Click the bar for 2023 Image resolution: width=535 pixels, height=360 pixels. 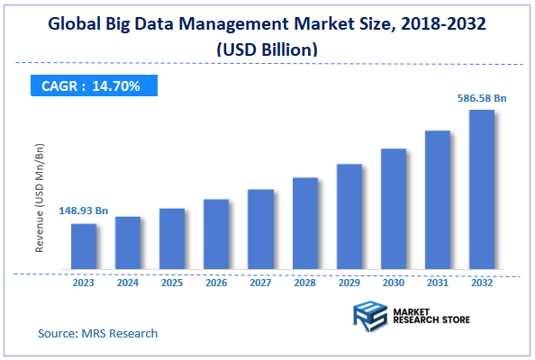click(84, 247)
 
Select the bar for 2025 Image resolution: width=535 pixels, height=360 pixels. click(172, 238)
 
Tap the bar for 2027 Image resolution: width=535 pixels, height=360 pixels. click(260, 229)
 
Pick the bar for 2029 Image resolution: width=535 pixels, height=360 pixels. click(349, 217)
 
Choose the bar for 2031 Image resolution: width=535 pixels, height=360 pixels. click(437, 200)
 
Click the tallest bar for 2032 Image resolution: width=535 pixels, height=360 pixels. click(481, 190)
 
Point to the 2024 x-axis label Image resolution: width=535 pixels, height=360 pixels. click(128, 282)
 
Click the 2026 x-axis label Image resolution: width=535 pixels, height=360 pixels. click(216, 282)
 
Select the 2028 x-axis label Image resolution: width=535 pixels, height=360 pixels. click(304, 282)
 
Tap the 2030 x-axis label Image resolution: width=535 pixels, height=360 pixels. click(393, 282)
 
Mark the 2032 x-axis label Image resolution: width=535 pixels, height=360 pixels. click(481, 282)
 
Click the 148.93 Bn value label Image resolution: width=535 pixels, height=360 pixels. click(84, 211)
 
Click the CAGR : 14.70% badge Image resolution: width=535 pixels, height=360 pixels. click(92, 86)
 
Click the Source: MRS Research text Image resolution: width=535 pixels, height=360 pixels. click(97, 333)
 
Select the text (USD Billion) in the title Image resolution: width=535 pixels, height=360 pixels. click(267, 50)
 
